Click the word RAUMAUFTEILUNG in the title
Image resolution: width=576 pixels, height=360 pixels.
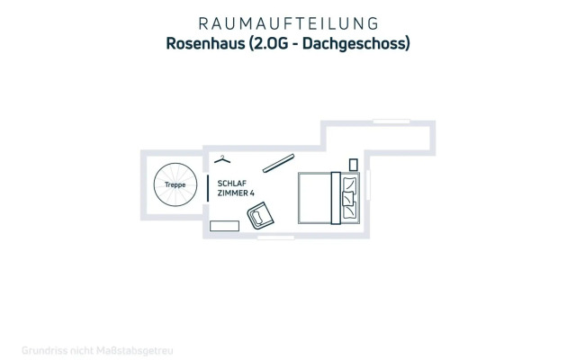click(x=287, y=22)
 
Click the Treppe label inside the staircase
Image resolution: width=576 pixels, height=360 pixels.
click(x=175, y=185)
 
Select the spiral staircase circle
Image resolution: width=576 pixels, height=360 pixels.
click(x=175, y=187)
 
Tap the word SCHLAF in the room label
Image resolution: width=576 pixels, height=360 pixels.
click(x=230, y=182)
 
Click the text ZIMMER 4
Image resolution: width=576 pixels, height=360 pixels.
click(x=236, y=193)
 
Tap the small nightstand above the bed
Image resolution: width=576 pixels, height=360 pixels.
click(x=354, y=164)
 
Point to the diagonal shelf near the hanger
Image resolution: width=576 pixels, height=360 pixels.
click(x=279, y=161)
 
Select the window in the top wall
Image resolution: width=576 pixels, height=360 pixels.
click(x=391, y=121)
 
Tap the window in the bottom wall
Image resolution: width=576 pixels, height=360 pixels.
click(x=275, y=238)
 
